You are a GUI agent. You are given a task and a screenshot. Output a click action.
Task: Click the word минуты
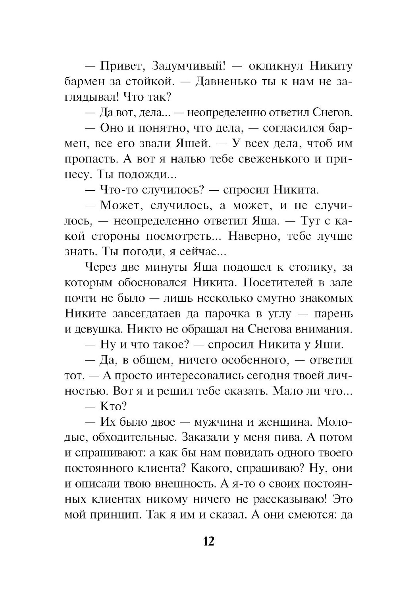coord(168,267)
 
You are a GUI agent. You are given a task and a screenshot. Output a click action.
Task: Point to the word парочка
coord(227,314)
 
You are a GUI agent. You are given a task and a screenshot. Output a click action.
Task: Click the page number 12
coord(209,541)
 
